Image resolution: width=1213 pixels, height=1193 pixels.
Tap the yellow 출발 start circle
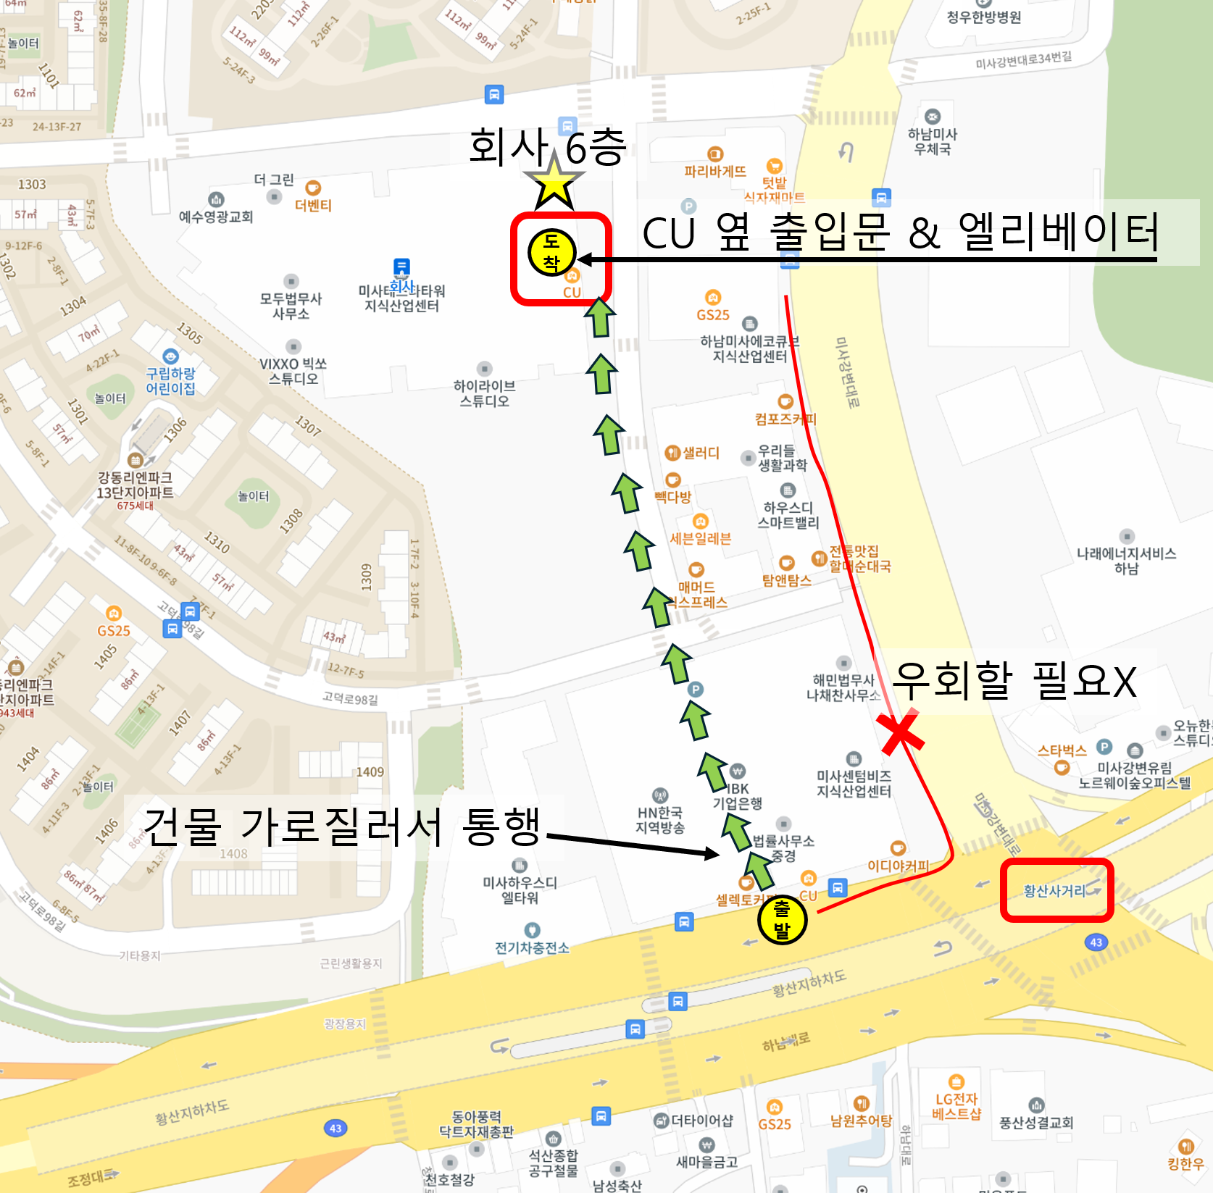(x=782, y=919)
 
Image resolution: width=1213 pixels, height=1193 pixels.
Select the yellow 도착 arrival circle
(x=551, y=252)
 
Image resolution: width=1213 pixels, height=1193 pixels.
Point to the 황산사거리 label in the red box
(x=1055, y=890)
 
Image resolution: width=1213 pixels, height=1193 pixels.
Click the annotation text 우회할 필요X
(x=1014, y=680)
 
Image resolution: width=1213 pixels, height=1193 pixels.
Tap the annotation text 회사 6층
(x=547, y=147)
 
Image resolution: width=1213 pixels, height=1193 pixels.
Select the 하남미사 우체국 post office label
(x=933, y=141)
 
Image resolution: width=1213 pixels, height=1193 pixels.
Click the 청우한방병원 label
(x=984, y=17)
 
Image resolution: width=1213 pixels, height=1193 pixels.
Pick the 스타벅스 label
(x=1062, y=750)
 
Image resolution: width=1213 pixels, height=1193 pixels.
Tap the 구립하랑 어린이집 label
(x=170, y=380)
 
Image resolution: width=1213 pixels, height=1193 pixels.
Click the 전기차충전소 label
(x=532, y=947)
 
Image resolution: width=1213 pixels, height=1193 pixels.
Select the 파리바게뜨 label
(x=714, y=171)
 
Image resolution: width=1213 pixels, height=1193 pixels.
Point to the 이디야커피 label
(x=898, y=866)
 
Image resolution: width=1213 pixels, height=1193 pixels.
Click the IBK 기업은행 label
(x=737, y=795)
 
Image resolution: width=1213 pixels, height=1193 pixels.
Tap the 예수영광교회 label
(x=216, y=216)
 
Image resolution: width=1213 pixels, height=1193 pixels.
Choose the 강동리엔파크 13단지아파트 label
(x=136, y=485)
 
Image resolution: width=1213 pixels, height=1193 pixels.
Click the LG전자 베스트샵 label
(x=956, y=1106)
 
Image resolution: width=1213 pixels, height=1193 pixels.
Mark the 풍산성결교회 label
(x=1036, y=1123)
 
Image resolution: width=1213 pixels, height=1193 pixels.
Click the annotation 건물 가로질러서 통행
(x=342, y=826)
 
